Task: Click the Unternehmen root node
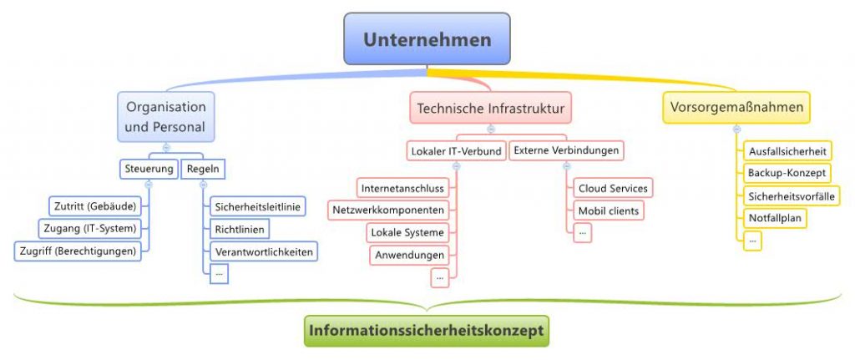[427, 39]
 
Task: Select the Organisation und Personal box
[165, 116]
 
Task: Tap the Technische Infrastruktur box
[491, 108]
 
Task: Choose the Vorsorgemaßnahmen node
[736, 107]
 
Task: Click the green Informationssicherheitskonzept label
[427, 330]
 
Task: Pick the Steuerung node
[148, 168]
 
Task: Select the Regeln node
[203, 168]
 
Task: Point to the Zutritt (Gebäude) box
[95, 205]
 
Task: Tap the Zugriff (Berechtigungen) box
[78, 251]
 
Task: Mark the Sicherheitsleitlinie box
[258, 205]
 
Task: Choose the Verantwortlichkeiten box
[263, 251]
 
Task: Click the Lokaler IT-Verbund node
[456, 151]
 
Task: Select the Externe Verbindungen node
[566, 150]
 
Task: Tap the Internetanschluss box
[402, 187]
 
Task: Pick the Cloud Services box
[613, 188]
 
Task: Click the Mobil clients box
[609, 210]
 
